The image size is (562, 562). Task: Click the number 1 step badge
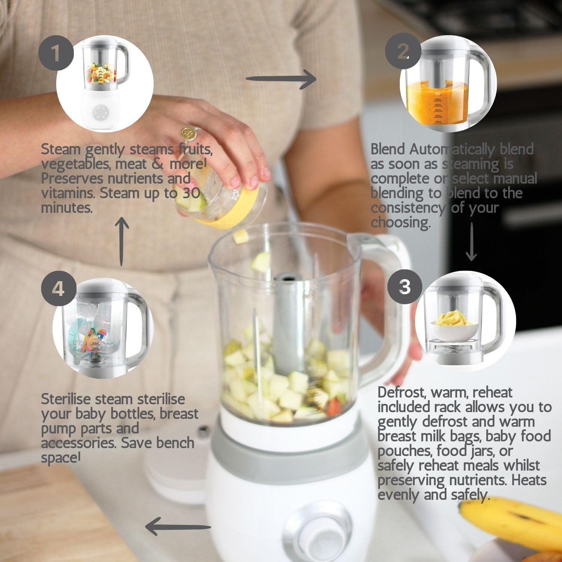pos(55,53)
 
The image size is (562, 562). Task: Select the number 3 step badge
pos(405,287)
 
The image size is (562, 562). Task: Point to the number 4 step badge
pos(58,289)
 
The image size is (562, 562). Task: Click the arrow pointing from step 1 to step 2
pos(281,79)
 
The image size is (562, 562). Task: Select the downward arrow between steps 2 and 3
pos(471,242)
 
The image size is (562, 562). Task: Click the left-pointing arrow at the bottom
pos(178,526)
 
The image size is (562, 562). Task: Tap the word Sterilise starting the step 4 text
pos(63,399)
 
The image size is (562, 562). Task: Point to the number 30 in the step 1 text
pos(191,193)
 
